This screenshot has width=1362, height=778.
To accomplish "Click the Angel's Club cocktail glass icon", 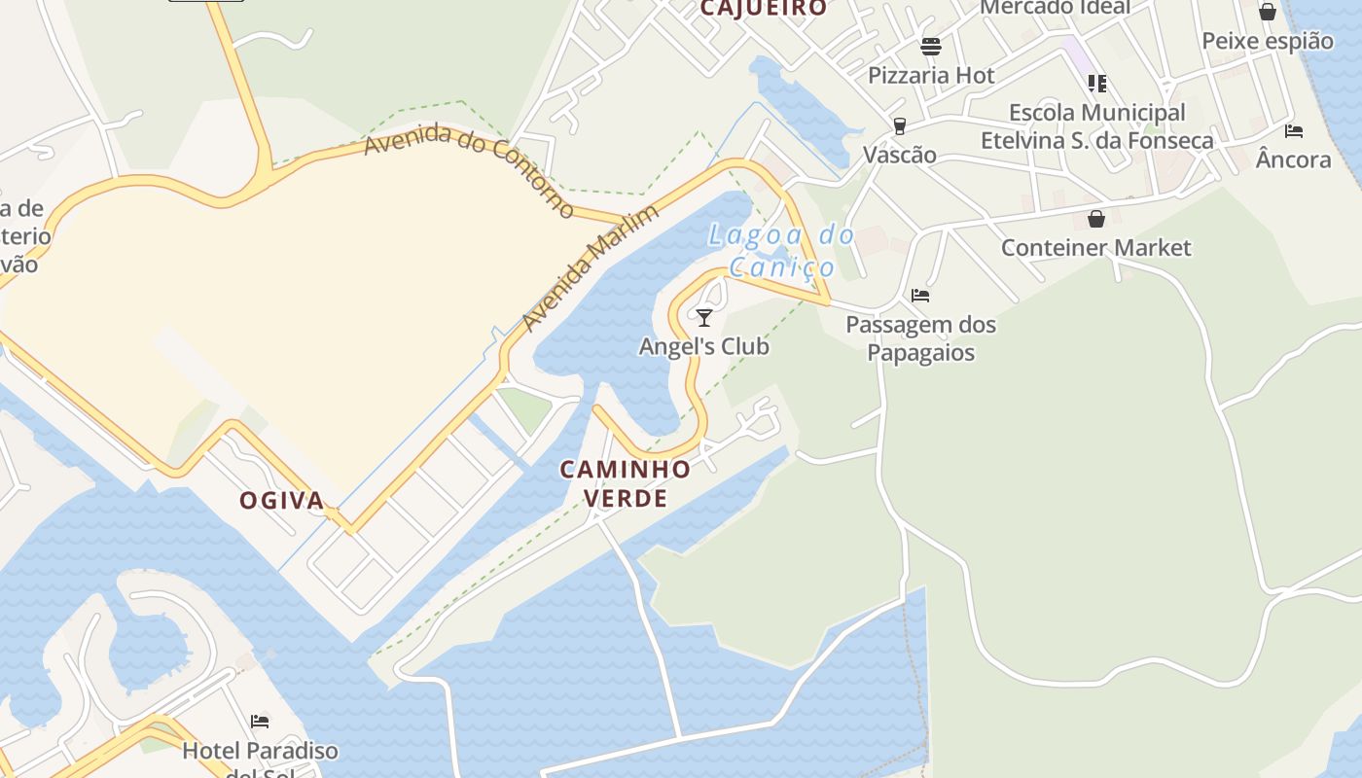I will tap(704, 317).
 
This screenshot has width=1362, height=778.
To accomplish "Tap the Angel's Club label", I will tap(703, 346).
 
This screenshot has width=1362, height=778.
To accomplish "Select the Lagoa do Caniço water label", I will tap(781, 251).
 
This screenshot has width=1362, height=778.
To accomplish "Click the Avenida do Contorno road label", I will tap(469, 169).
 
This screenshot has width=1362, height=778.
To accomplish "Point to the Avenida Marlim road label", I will tap(591, 267).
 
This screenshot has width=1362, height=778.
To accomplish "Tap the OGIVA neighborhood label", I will tap(282, 501).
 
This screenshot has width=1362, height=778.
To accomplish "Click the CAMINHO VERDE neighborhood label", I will tap(626, 483).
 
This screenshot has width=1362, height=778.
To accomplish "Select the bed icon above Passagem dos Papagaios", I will tap(920, 295).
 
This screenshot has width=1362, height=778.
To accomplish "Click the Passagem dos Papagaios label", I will tap(920, 337).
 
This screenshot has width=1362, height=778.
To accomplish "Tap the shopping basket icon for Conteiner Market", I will tap(1096, 219).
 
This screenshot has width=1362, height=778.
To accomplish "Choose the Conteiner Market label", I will tap(1095, 247).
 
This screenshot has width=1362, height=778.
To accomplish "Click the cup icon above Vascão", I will tap(900, 126).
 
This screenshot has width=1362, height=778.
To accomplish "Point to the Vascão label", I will tap(900, 155).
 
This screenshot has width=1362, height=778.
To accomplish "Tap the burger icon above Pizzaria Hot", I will tap(931, 47).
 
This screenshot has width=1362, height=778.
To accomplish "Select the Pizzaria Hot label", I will tap(931, 75).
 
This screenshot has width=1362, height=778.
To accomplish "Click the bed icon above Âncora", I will tap(1293, 130).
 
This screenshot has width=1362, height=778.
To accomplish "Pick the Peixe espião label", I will tap(1268, 41).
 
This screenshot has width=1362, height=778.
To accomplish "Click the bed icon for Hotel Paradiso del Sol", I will tap(260, 722).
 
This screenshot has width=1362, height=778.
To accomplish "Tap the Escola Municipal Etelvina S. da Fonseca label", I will tap(1096, 126).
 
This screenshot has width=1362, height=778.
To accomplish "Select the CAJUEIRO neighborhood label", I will tap(764, 8).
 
